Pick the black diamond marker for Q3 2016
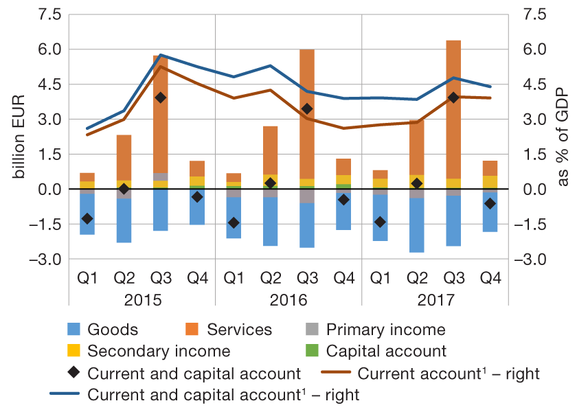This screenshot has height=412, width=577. click(307, 108)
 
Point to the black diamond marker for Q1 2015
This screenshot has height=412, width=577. click(87, 218)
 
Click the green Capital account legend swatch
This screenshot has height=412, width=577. click(312, 352)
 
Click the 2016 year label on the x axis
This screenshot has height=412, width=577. click(288, 300)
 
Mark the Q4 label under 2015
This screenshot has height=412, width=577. click(197, 278)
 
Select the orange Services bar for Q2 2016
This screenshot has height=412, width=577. click(271, 151)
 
